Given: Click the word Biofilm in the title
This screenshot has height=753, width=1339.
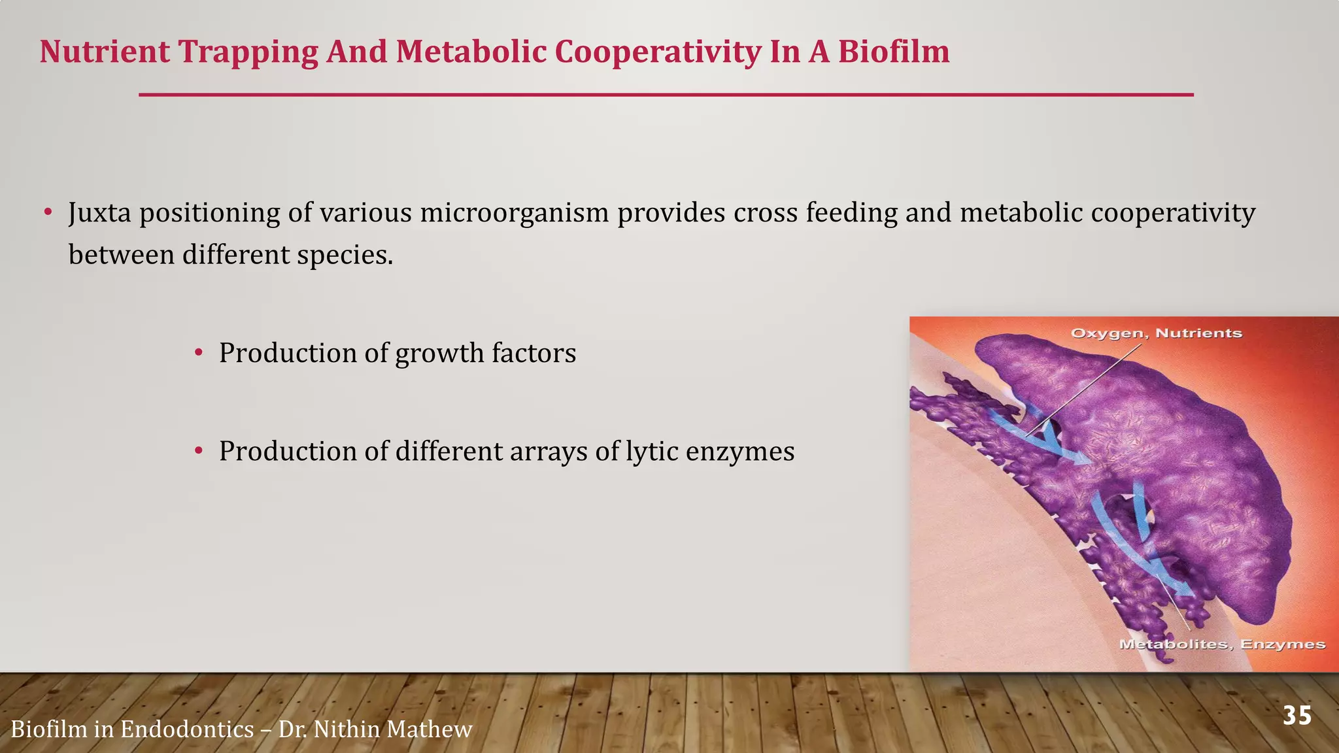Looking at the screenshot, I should click(893, 52).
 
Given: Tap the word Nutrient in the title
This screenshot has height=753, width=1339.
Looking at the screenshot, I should click(105, 52).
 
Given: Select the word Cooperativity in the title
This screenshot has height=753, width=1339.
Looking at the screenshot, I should click(658, 52).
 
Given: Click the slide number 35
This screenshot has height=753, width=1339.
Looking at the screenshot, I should click(1297, 716).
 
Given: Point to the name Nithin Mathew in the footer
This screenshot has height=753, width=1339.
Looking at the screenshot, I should click(393, 729).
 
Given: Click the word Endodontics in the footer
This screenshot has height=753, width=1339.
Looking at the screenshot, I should click(187, 729).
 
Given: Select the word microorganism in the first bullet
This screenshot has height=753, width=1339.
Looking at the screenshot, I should click(514, 212).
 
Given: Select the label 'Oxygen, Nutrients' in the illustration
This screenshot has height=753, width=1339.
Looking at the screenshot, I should click(1156, 333).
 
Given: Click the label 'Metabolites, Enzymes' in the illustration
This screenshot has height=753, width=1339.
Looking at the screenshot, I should click(1222, 644).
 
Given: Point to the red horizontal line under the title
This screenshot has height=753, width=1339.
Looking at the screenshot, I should click(666, 95).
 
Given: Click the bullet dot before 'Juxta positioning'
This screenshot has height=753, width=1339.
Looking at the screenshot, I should click(48, 213).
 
